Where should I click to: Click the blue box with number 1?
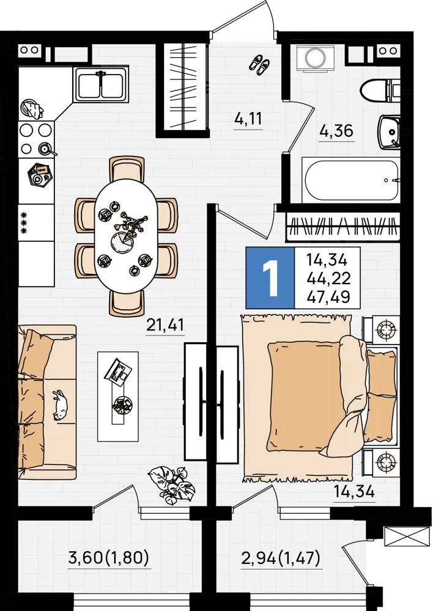(x=270, y=278)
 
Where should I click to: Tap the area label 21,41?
(x=165, y=324)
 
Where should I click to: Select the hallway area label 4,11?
(x=248, y=118)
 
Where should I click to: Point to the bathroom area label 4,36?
(x=336, y=131)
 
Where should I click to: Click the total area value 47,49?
(x=328, y=298)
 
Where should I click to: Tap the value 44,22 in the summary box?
(x=328, y=278)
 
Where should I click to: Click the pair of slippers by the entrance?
(x=259, y=64)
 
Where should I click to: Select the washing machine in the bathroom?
(x=315, y=59)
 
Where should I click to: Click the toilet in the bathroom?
(x=380, y=90)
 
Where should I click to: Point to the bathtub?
(x=350, y=180)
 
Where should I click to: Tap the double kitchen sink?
(x=101, y=84)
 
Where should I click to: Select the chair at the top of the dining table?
(x=127, y=169)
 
